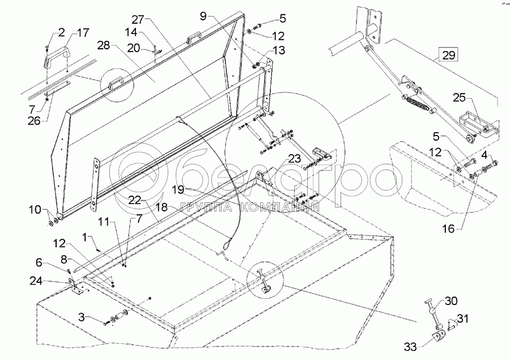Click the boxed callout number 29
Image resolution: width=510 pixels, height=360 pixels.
448,56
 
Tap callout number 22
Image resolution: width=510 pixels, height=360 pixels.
134,200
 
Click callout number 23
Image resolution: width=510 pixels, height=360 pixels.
295,158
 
